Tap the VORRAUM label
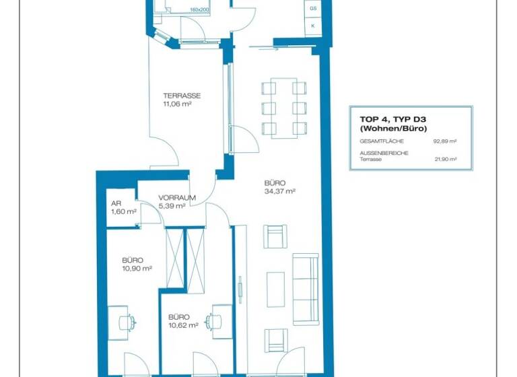coord(176,198)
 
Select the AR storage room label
coord(115,204)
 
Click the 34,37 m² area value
coord(281,191)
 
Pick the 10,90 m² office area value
coord(137,268)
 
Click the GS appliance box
coord(313,9)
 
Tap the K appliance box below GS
coord(313,26)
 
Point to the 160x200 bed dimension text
coord(200,10)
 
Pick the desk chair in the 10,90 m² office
coord(124,322)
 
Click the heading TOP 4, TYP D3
coord(388,119)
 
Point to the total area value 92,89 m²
coord(445,141)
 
